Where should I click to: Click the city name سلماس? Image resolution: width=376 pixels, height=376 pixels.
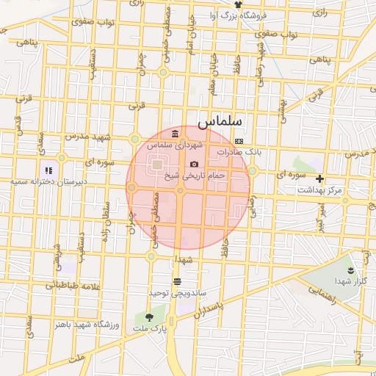pyautogui.click(x=225, y=119)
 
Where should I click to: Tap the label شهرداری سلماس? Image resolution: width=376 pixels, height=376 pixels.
pyautogui.click(x=174, y=145)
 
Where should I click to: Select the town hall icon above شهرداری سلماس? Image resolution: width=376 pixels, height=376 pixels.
pyautogui.click(x=174, y=134)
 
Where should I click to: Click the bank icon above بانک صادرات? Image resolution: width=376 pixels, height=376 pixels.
pyautogui.click(x=239, y=140)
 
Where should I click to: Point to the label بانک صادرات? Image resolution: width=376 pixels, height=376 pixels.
pyautogui.click(x=239, y=151)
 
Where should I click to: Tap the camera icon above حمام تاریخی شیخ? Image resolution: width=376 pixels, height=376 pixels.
pyautogui.click(x=194, y=164)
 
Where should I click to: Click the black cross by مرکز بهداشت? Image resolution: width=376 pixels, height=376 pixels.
pyautogui.click(x=319, y=178)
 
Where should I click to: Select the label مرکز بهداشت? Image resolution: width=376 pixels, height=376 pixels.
pyautogui.click(x=319, y=190)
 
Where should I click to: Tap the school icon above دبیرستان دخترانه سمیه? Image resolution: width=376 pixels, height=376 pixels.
pyautogui.click(x=48, y=170)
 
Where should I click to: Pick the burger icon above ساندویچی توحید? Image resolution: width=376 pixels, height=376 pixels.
pyautogui.click(x=177, y=281)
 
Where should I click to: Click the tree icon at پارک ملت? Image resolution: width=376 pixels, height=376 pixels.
pyautogui.click(x=150, y=317)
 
